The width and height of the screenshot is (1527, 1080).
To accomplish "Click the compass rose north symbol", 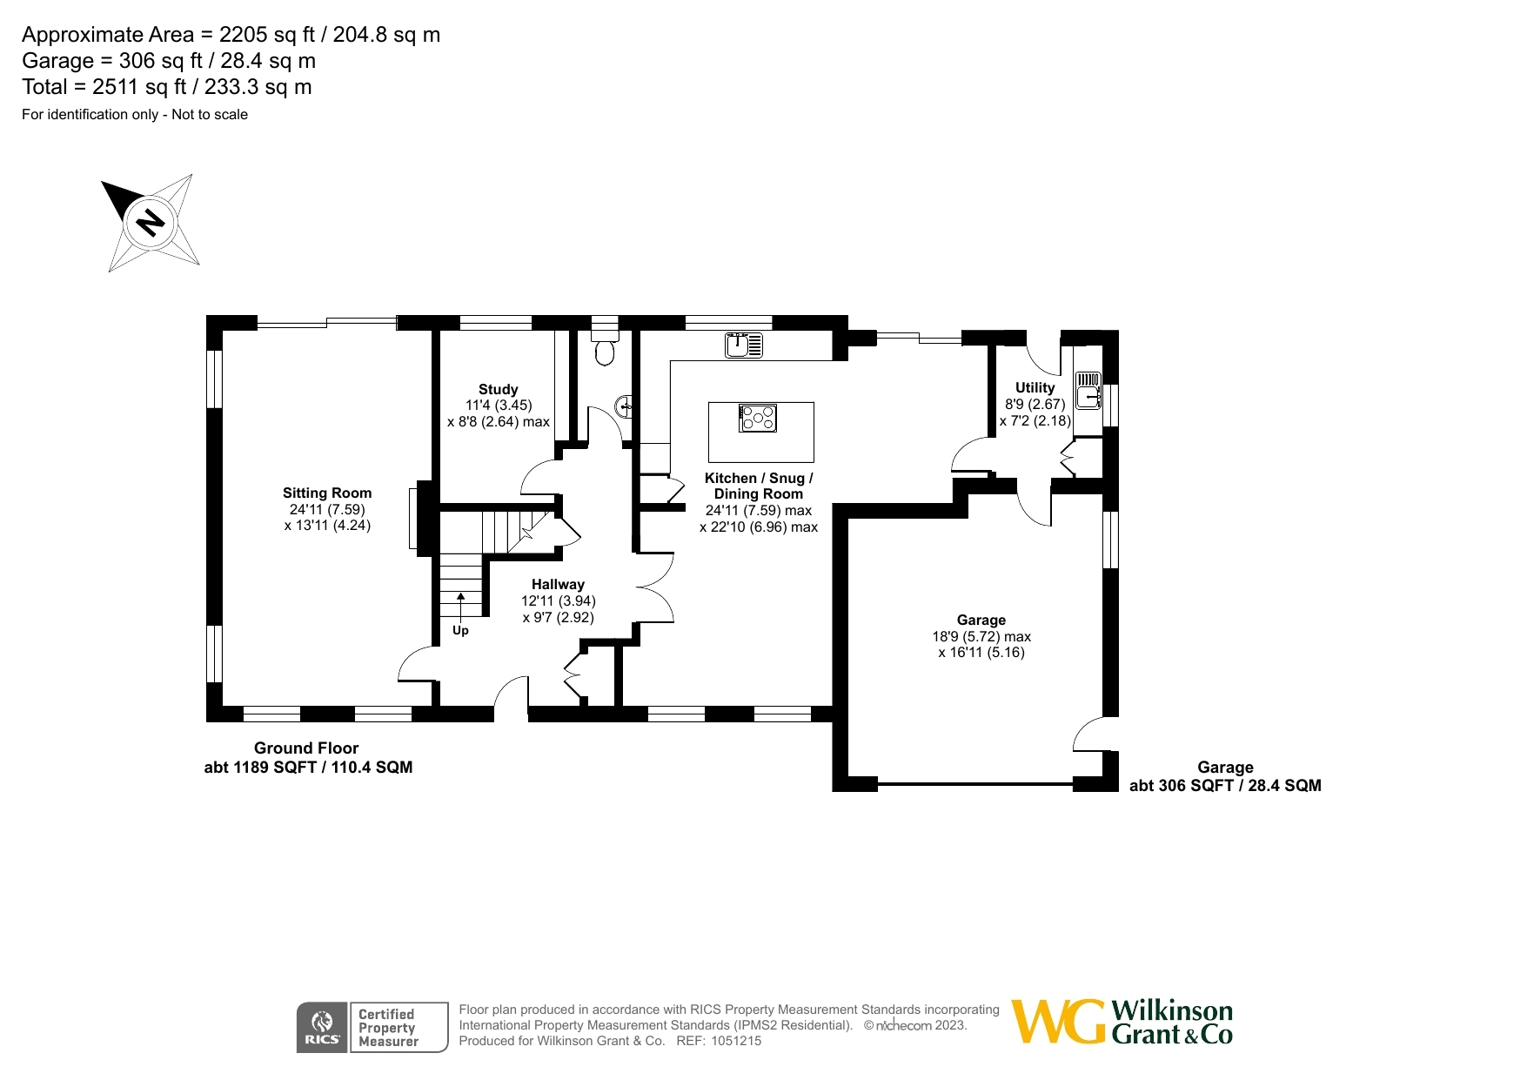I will (151, 223).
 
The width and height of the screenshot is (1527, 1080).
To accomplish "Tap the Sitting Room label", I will (327, 493).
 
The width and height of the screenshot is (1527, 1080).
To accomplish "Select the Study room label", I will (498, 389).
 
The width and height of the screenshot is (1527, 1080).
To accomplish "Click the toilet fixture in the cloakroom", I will (605, 349).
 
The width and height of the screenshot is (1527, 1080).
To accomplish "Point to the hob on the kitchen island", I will (758, 419).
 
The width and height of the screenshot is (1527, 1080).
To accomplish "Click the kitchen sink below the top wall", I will (744, 345).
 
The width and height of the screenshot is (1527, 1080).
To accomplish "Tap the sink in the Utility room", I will (1088, 391).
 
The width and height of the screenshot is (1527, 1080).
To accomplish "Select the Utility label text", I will (1035, 387).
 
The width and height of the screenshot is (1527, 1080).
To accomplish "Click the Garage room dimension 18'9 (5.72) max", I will (981, 636).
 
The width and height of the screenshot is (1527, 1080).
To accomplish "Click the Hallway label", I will (558, 584).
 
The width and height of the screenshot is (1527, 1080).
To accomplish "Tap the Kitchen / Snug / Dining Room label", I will (758, 486).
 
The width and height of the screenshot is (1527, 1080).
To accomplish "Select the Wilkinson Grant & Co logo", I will (1122, 1022).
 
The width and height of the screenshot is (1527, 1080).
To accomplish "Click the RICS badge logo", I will (322, 1028).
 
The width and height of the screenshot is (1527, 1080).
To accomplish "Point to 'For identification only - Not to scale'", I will (135, 115).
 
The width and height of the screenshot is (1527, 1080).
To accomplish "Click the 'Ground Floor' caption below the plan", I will (306, 748).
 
